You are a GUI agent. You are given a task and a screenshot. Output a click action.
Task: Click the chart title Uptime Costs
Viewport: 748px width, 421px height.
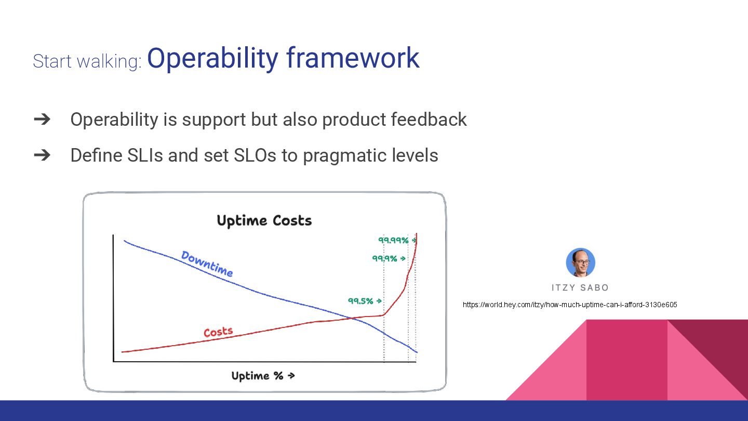[264, 221]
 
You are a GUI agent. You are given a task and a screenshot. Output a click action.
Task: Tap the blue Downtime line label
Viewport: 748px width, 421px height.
[207, 264]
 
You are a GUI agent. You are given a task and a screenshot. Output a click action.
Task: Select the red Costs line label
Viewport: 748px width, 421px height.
[218, 332]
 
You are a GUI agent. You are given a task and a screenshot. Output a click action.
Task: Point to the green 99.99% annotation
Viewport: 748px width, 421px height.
[393, 240]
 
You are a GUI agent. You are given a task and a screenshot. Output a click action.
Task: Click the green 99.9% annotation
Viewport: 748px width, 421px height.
[385, 259]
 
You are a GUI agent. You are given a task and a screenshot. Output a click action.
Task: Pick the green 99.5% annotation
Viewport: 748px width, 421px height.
[360, 301]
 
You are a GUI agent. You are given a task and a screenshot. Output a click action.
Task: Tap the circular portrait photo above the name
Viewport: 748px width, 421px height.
[580, 262]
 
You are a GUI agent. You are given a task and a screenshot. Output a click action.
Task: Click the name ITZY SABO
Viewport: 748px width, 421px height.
[580, 288]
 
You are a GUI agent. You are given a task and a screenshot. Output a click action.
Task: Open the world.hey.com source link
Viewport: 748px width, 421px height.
[570, 305]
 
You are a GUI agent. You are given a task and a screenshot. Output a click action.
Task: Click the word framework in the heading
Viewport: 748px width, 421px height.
[353, 58]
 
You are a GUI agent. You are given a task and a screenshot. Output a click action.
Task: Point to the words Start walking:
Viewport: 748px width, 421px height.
[87, 61]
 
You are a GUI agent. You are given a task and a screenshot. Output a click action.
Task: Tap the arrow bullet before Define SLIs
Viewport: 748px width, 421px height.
[42, 155]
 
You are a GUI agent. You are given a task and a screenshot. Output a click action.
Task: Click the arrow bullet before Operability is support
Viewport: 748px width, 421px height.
[42, 120]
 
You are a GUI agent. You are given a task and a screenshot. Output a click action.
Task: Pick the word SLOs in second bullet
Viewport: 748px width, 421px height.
[255, 155]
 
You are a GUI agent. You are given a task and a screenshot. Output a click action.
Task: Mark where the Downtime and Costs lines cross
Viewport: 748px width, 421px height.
[351, 318]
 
